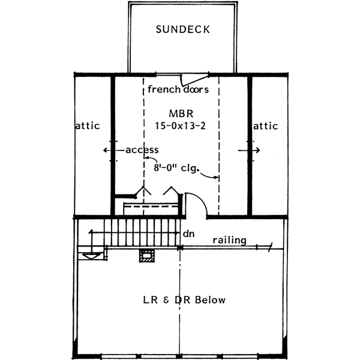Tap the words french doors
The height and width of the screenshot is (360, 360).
(x=178, y=90)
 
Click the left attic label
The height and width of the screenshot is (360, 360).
(x=88, y=126)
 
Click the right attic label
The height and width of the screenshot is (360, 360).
(x=266, y=126)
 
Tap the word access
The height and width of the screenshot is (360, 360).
(x=142, y=150)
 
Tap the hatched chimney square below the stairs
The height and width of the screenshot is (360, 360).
(x=146, y=256)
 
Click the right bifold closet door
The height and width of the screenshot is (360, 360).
(x=170, y=192)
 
